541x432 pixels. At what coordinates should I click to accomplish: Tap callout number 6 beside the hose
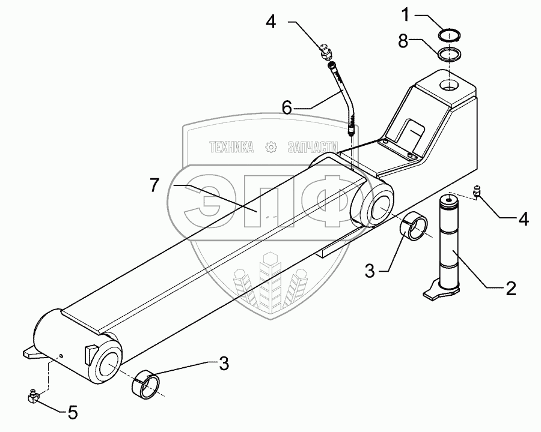tap(287, 107)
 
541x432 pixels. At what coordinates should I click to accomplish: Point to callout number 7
tap(155, 185)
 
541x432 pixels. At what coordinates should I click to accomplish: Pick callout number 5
tap(73, 412)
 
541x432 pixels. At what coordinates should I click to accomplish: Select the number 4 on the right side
tap(524, 219)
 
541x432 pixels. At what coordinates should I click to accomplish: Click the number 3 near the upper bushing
tap(370, 272)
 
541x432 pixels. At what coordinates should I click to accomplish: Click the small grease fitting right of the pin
tap(478, 192)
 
